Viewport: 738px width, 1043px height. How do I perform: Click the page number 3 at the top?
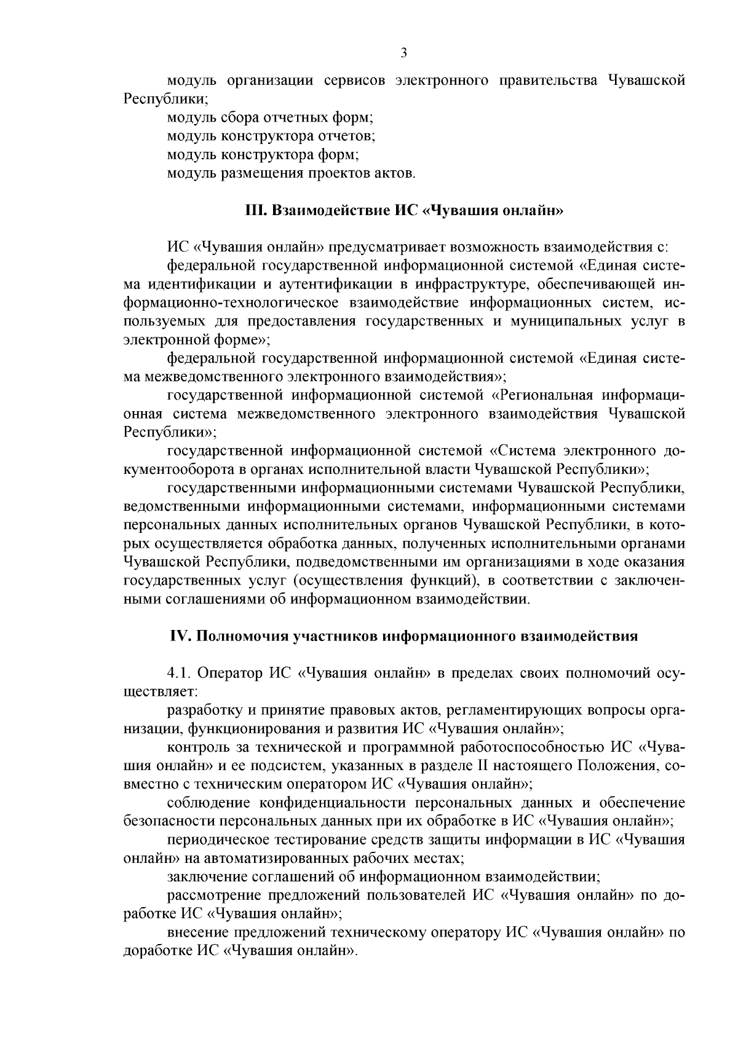[x=403, y=53]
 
